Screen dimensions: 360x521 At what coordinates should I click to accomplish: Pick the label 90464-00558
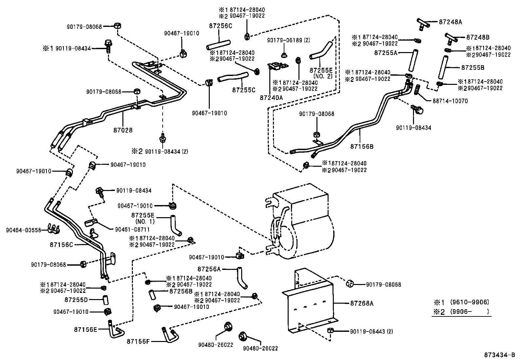pyautogui.click(x=24, y=230)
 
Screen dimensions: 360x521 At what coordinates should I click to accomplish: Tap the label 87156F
pyautogui.click(x=138, y=341)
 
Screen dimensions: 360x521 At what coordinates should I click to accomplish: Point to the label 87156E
pyautogui.click(x=85, y=329)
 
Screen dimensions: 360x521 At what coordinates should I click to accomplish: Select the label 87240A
pyautogui.click(x=271, y=97)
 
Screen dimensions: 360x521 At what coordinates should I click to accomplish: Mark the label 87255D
pyautogui.click(x=76, y=299)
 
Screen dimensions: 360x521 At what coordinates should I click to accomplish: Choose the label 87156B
pyautogui.click(x=362, y=146)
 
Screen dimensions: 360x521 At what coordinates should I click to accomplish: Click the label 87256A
pyautogui.click(x=209, y=269)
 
